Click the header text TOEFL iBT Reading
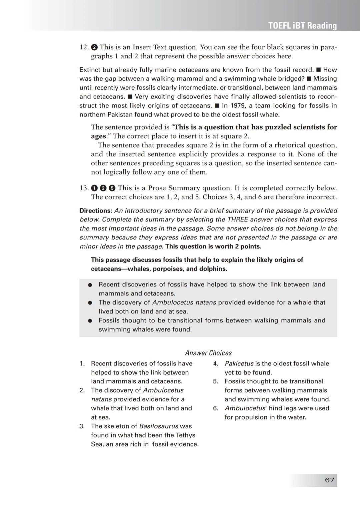click(302, 26)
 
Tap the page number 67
click(329, 480)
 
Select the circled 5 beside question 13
click(112, 188)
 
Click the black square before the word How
click(318, 70)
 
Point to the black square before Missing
click(309, 79)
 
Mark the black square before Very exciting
click(130, 97)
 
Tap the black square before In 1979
click(217, 106)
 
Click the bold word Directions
click(96, 211)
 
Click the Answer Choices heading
click(208, 353)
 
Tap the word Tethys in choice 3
click(186, 435)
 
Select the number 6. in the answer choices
click(216, 408)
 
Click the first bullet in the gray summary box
click(90, 285)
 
